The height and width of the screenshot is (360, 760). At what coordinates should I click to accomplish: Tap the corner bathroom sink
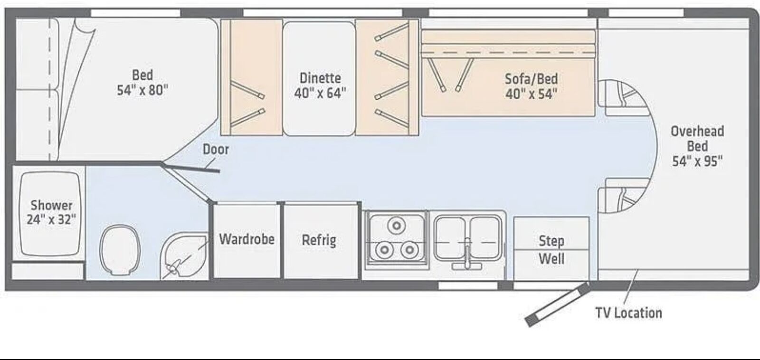point(184,256)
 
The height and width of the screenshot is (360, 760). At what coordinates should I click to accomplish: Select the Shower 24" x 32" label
point(51,212)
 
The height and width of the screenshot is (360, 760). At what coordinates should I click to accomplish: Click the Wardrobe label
point(247,239)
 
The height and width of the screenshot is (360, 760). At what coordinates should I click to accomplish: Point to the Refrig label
point(319,240)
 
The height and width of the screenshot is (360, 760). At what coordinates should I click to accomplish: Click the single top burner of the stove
point(396,225)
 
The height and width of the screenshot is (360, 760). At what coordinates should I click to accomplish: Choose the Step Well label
point(551,250)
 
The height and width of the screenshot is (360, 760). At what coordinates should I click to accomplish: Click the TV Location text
point(629,313)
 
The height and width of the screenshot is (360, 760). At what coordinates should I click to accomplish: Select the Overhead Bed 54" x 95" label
point(698,146)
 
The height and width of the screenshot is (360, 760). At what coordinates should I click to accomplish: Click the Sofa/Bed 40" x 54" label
point(532,86)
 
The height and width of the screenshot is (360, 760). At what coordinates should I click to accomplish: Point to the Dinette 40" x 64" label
point(320,85)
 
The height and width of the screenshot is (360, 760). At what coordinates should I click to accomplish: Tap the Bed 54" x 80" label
point(142,83)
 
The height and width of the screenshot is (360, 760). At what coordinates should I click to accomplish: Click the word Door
point(216,149)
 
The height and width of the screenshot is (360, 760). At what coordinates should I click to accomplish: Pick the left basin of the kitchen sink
point(450,237)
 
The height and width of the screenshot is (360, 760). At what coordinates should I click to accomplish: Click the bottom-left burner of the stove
point(384,249)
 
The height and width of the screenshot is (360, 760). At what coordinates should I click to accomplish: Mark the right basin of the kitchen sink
point(485,237)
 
